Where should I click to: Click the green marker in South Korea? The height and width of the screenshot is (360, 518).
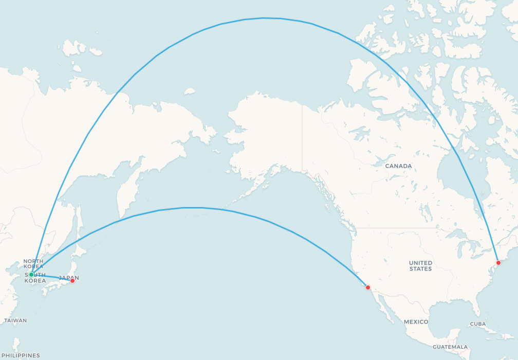pyautogui.click(x=31, y=274)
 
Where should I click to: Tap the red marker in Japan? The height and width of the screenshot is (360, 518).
pyautogui.click(x=72, y=280)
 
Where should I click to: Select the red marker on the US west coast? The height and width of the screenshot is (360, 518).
pyautogui.click(x=367, y=287)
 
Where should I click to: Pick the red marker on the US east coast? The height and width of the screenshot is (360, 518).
pyautogui.click(x=498, y=263)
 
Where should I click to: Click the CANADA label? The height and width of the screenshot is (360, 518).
pyautogui.click(x=398, y=166)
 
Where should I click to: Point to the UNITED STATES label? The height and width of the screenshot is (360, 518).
pyautogui.click(x=420, y=266)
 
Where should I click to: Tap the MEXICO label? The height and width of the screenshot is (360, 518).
pyautogui.click(x=416, y=322)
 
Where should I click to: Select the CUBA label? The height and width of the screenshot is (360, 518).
pyautogui.click(x=477, y=324)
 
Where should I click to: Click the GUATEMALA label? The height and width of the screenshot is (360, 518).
pyautogui.click(x=450, y=347)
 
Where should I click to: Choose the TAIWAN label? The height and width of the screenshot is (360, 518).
pyautogui.click(x=15, y=320)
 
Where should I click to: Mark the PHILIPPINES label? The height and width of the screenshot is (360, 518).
pyautogui.click(x=20, y=355)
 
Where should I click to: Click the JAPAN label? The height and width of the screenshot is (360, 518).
pyautogui.click(x=69, y=278)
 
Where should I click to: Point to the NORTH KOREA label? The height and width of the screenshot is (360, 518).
pyautogui.click(x=33, y=264)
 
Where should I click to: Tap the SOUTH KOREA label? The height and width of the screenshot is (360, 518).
pyautogui.click(x=35, y=278)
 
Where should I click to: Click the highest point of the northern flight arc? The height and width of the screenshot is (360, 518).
pyautogui.click(x=264, y=18)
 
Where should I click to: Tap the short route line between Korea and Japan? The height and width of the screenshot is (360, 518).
pyautogui.click(x=51, y=277)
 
